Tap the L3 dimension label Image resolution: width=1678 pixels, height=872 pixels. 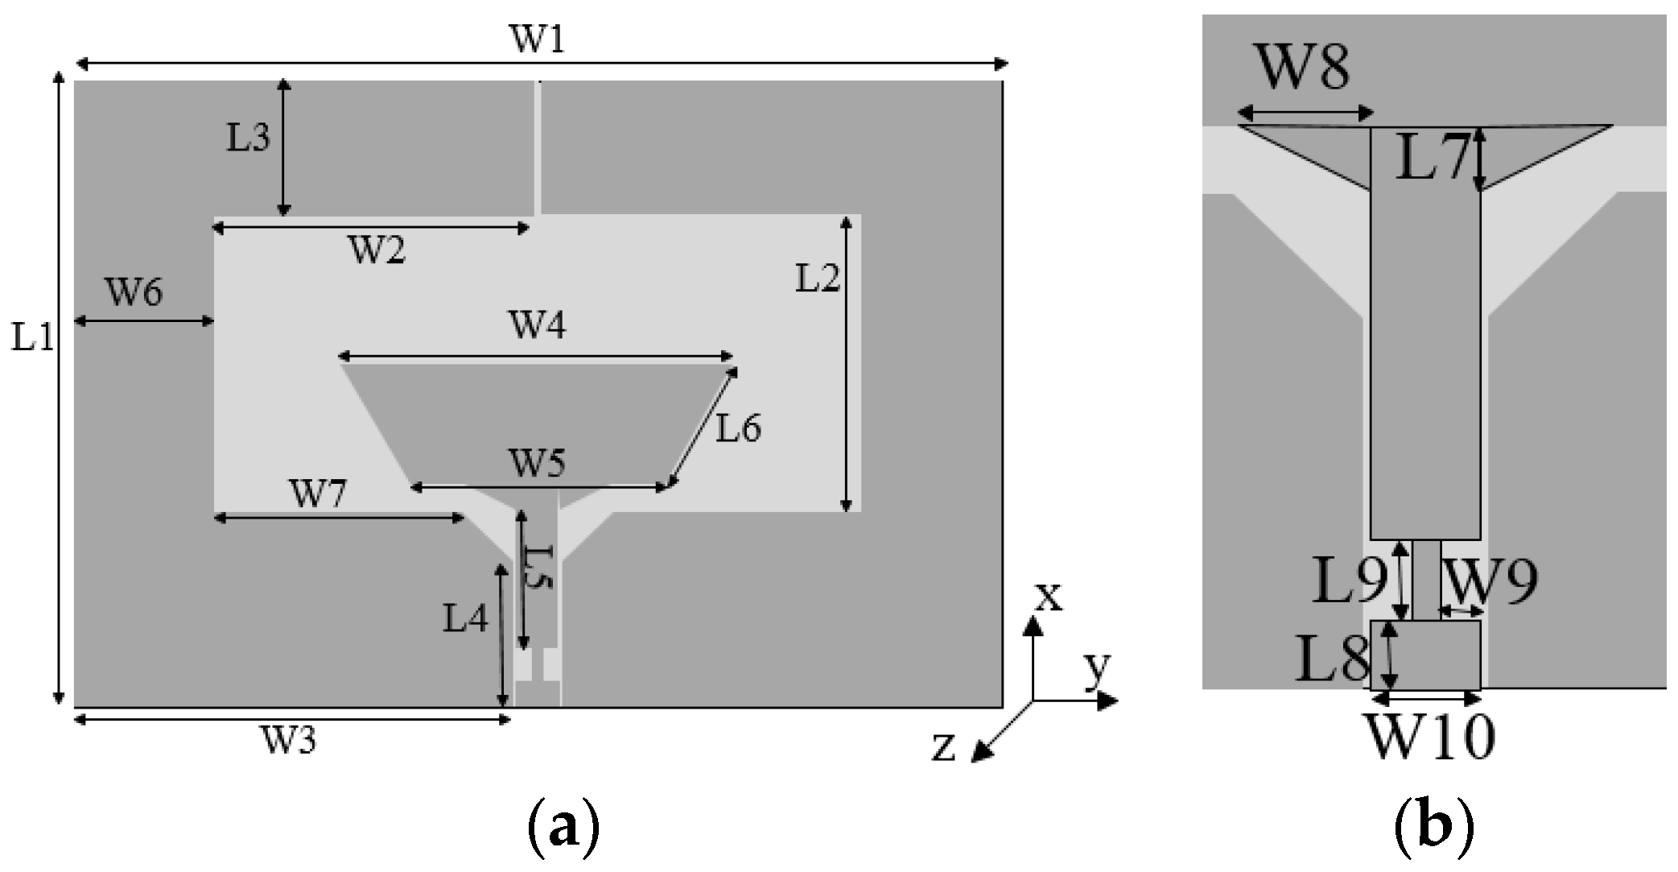(247, 138)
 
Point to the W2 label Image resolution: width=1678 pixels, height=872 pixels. (376, 251)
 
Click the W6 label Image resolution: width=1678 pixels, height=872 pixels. (134, 292)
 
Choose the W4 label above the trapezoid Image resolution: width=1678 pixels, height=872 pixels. (536, 326)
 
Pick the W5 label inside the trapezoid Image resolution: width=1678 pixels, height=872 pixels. (536, 464)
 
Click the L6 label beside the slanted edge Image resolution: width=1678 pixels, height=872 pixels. (739, 429)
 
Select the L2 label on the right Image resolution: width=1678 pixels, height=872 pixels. (817, 279)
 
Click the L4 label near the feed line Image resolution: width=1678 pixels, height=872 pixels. (465, 619)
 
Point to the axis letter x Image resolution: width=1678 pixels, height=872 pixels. (1048, 597)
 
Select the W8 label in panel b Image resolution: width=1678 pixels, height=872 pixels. (1302, 69)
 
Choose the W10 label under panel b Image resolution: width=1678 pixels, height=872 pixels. (1430, 736)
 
